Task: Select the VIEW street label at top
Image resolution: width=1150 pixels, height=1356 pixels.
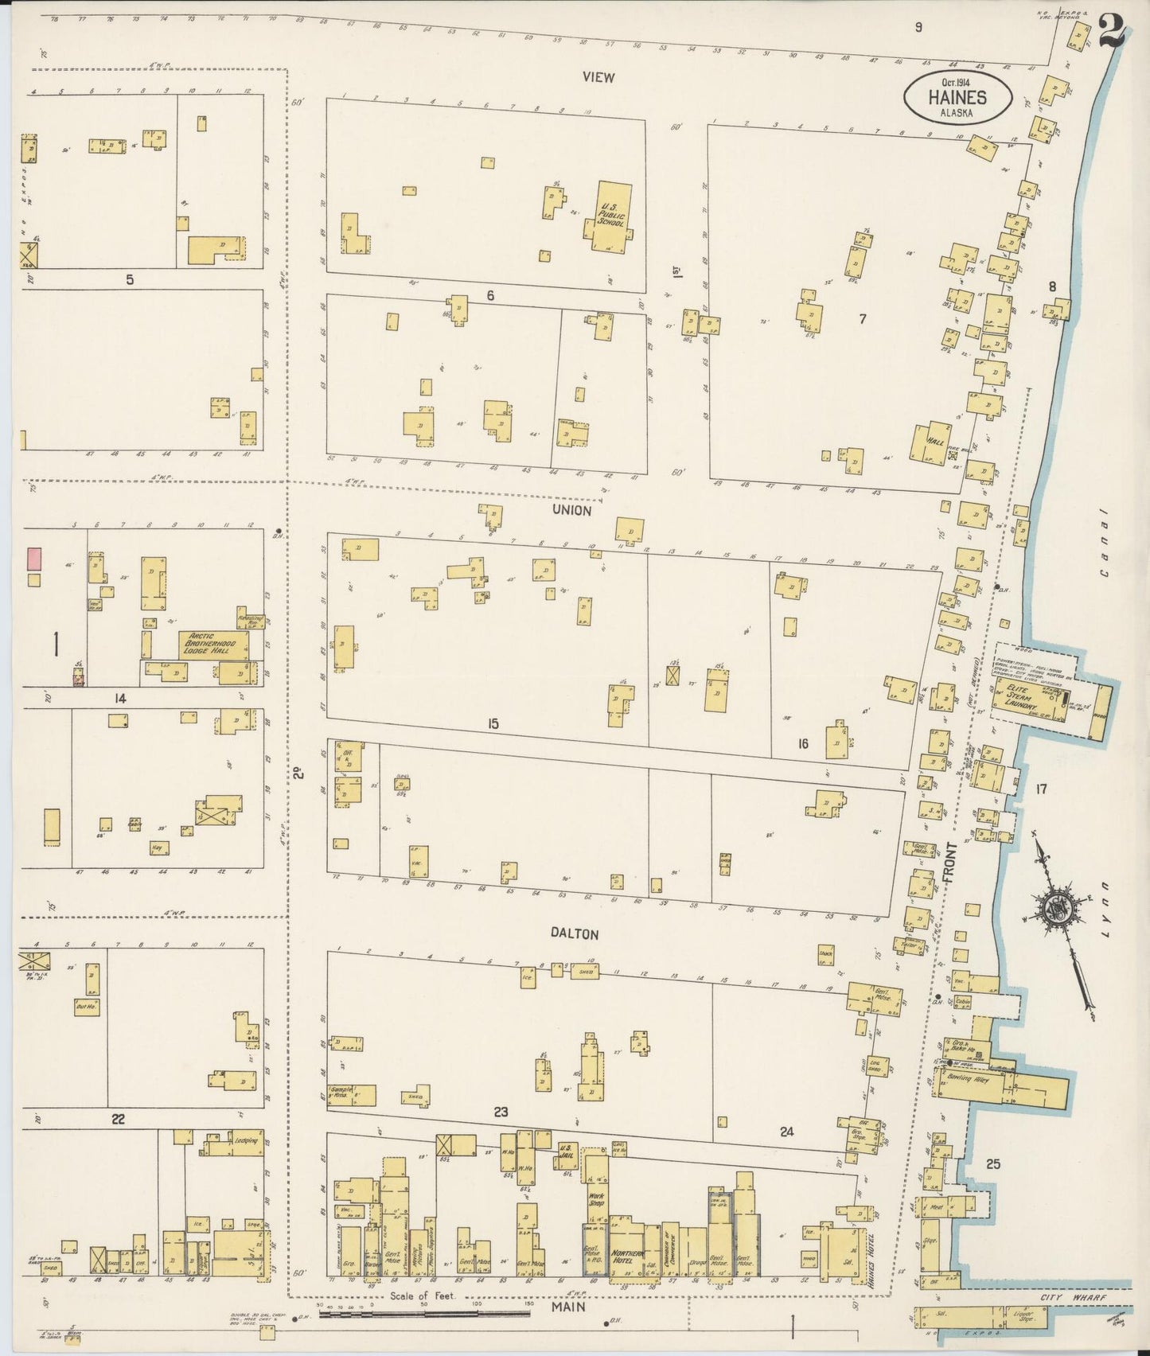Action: coord(598,77)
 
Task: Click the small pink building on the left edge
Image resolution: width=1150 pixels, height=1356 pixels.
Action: coord(34,558)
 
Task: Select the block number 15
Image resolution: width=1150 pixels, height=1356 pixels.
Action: coord(493,723)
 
